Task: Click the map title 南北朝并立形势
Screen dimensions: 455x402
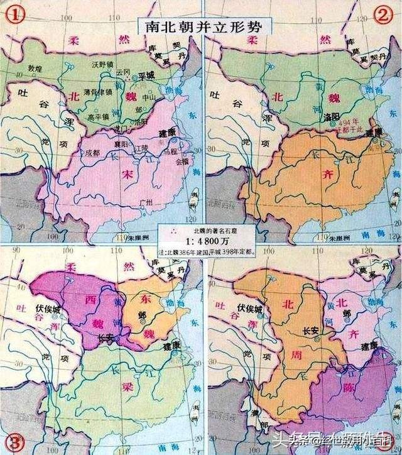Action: pos(201,26)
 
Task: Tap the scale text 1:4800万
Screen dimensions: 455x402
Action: pos(200,239)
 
